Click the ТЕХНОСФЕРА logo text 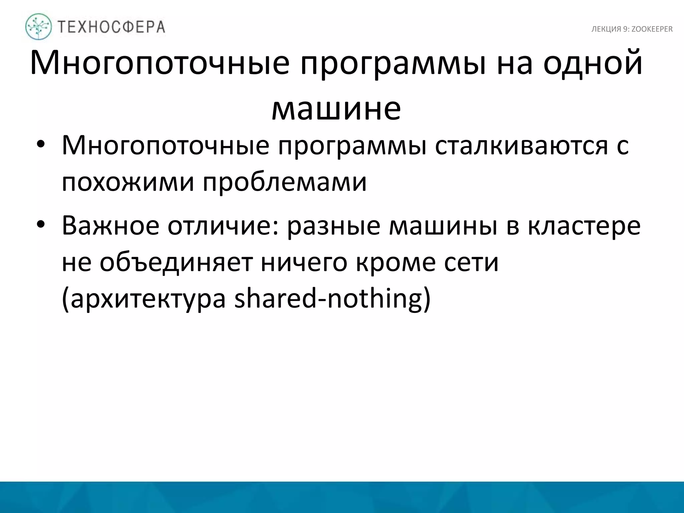click(x=112, y=27)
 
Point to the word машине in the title click(x=336, y=109)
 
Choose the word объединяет click(x=176, y=263)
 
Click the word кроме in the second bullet click(x=395, y=263)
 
